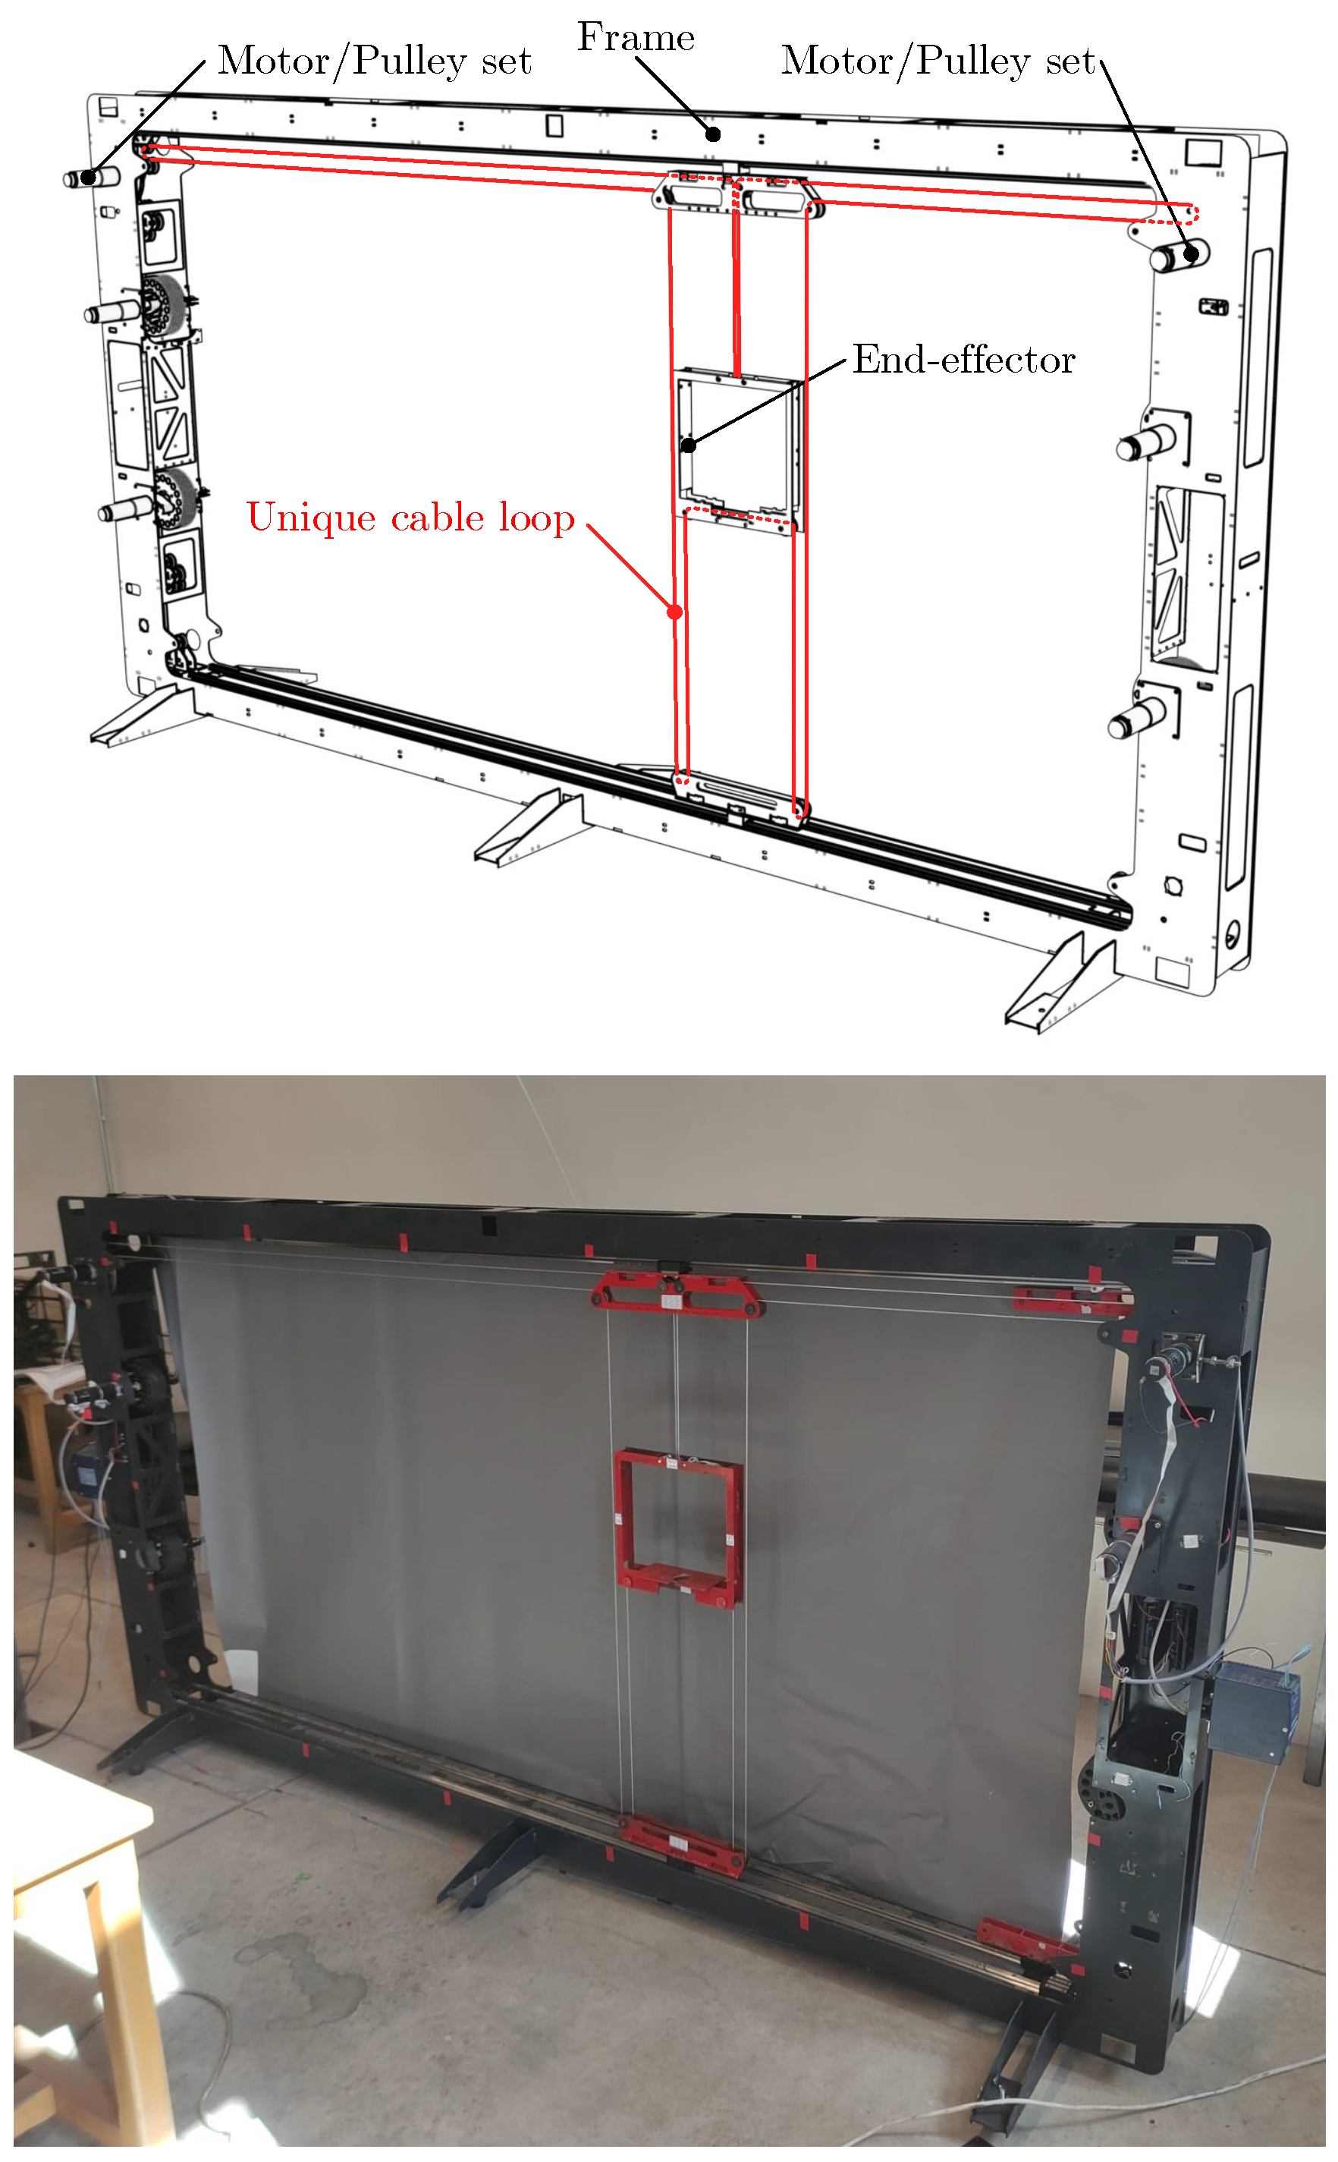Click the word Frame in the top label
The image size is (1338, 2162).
636,37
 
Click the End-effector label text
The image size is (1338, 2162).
963,360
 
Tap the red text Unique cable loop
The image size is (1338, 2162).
410,518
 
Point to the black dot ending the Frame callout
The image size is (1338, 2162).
713,134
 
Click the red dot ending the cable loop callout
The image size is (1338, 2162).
675,612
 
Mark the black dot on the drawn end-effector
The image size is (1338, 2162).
689,445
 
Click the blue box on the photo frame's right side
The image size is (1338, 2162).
1255,1709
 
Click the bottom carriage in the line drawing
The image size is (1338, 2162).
740,798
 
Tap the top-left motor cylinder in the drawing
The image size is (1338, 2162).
91,177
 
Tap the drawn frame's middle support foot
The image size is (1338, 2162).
529,828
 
